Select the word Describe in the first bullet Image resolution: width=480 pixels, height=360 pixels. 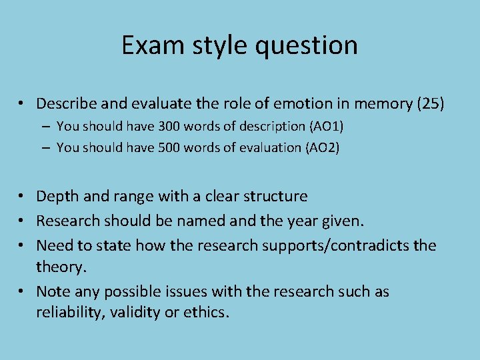coord(64,103)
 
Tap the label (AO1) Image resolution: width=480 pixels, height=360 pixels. coord(323,126)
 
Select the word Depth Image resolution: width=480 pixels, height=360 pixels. coord(55,196)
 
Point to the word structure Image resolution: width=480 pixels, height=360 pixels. coord(277,196)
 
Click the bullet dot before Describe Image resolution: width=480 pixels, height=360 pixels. coord(22,104)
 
